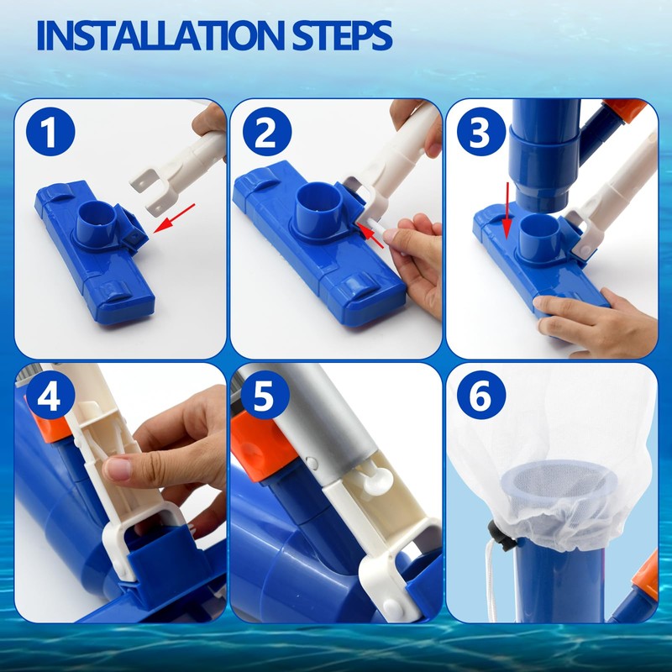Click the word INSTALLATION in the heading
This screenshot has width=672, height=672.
click(x=160, y=35)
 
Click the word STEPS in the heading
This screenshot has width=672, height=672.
click(x=342, y=35)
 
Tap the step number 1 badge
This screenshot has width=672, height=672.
click(x=50, y=132)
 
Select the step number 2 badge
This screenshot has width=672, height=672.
click(x=267, y=132)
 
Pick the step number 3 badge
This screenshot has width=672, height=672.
click(x=481, y=132)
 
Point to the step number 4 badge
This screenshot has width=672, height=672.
click(x=50, y=396)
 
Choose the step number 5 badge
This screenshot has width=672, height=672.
click(x=265, y=396)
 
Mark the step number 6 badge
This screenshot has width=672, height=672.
click(x=481, y=396)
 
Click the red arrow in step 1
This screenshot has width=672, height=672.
click(x=174, y=218)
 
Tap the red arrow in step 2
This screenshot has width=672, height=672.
click(x=371, y=235)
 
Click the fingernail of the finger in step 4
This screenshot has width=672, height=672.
click(x=117, y=468)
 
